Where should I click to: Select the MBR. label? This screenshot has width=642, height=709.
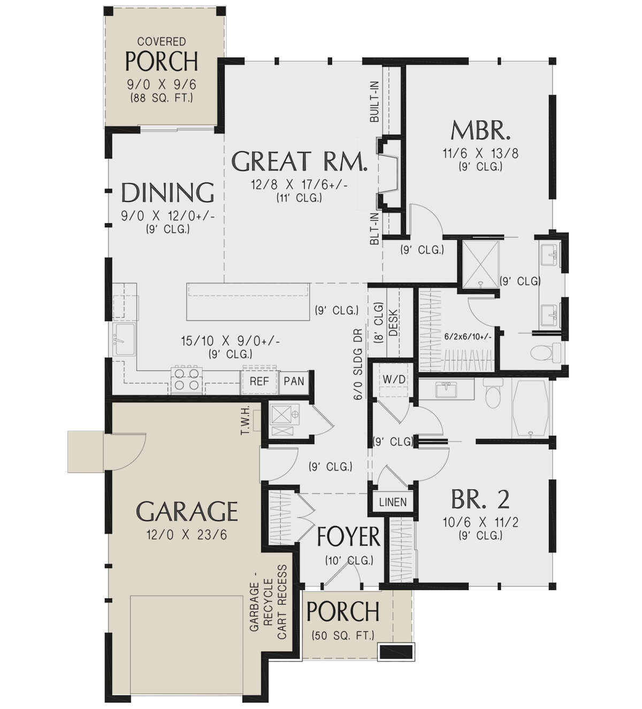[x=480, y=130]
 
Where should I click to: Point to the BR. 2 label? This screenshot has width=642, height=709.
[x=480, y=499]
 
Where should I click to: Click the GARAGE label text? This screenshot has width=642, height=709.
[x=187, y=512]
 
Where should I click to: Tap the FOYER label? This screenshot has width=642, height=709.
[x=349, y=537]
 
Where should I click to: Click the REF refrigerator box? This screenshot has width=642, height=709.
[x=259, y=382]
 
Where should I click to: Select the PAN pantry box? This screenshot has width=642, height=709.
[x=294, y=382]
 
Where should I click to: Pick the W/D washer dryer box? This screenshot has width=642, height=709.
[x=394, y=379]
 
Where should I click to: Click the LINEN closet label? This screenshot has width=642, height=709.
[x=393, y=502]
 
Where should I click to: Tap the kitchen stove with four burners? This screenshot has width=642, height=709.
[x=187, y=379]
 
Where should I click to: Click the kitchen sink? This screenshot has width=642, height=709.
[x=124, y=339]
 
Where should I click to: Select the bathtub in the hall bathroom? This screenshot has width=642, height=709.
[x=531, y=409]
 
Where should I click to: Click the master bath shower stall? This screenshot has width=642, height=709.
[x=480, y=264]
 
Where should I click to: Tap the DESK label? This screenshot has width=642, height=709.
[x=393, y=322]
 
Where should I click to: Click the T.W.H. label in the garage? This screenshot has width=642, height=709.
[x=246, y=420]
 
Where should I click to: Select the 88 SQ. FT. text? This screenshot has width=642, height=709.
[x=162, y=98]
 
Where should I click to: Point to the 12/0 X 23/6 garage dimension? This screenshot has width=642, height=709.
[x=186, y=535]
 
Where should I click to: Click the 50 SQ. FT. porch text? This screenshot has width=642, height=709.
[x=343, y=636]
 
